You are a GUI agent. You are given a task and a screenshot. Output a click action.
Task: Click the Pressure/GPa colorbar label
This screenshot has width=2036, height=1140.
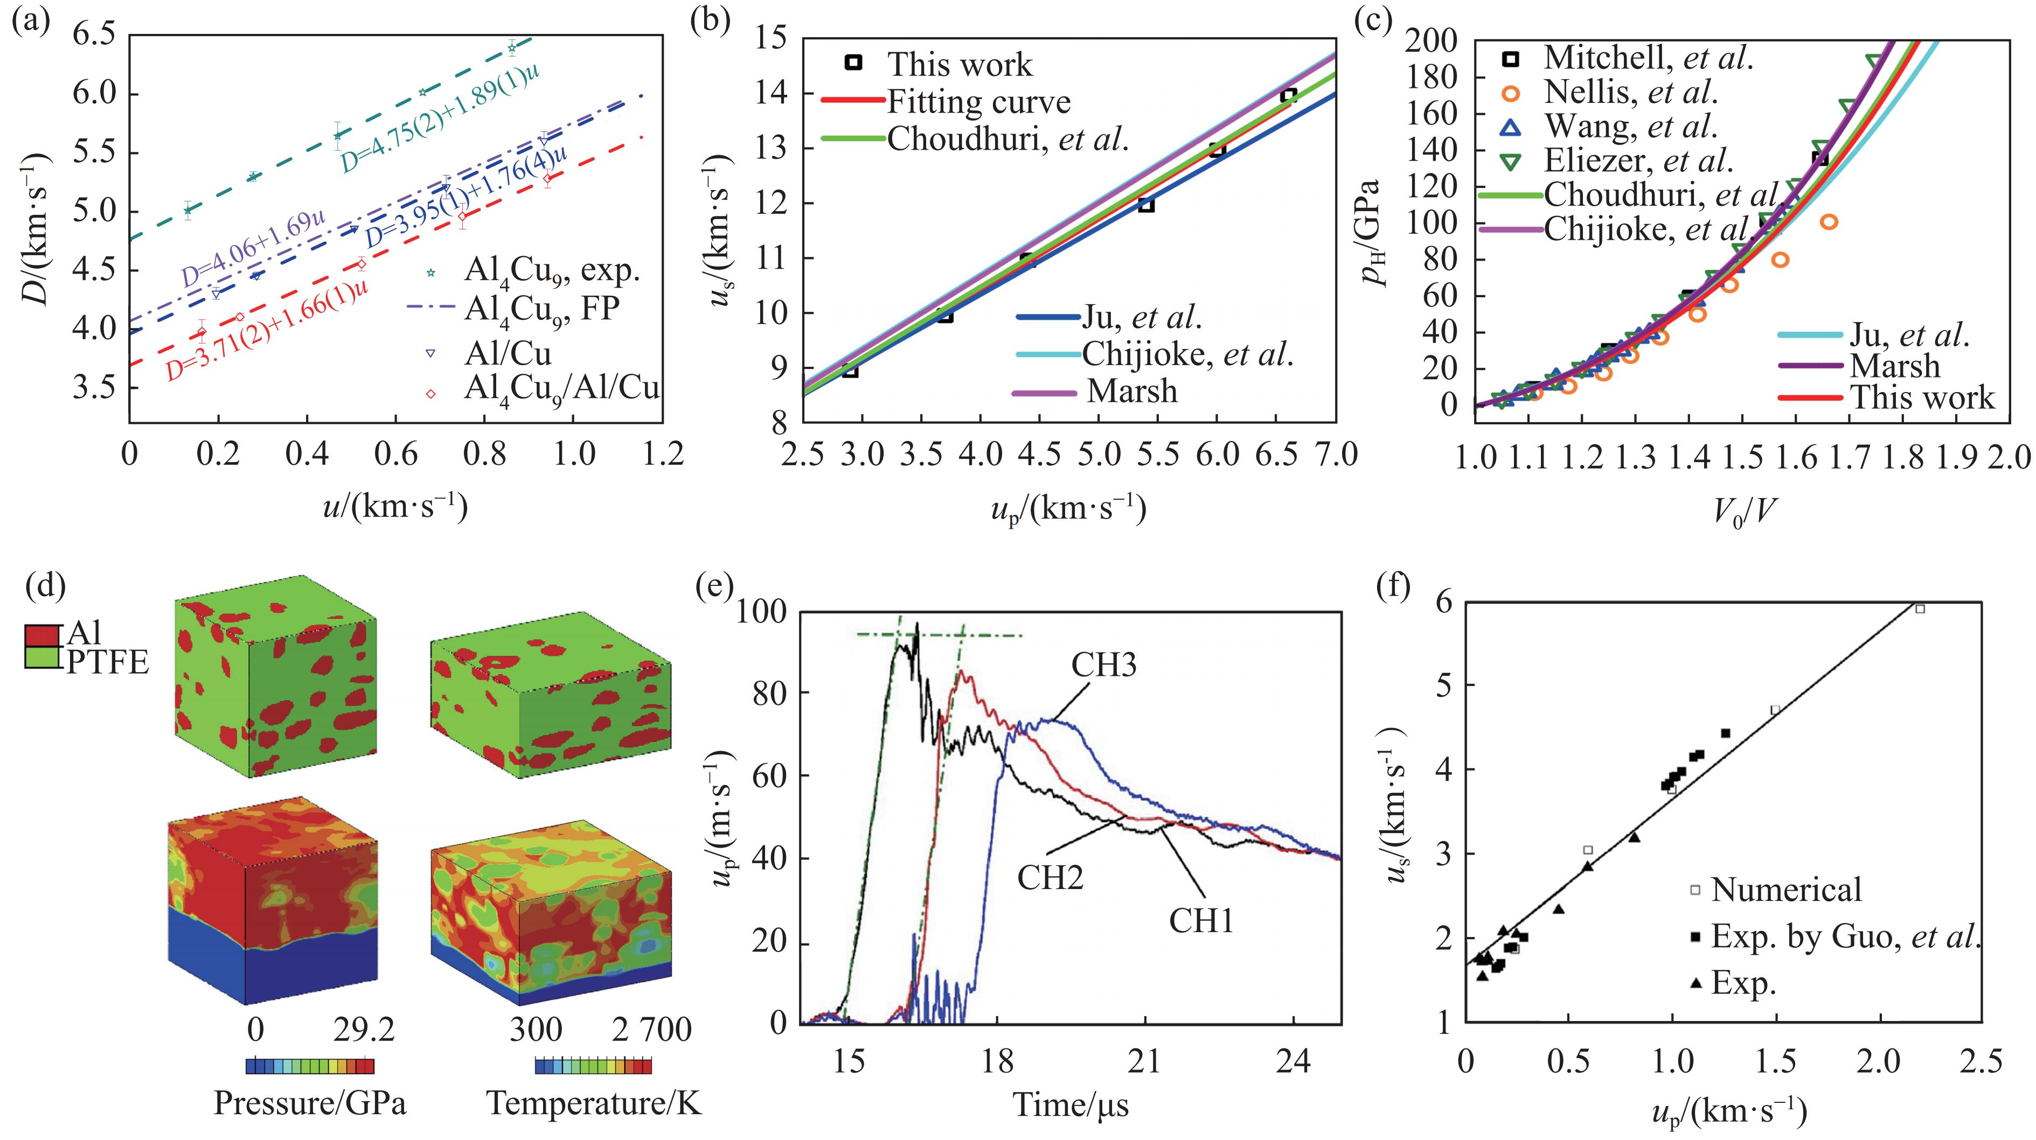click(x=310, y=1103)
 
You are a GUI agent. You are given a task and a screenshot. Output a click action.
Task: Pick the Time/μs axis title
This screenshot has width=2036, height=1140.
click(x=1071, y=1104)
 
